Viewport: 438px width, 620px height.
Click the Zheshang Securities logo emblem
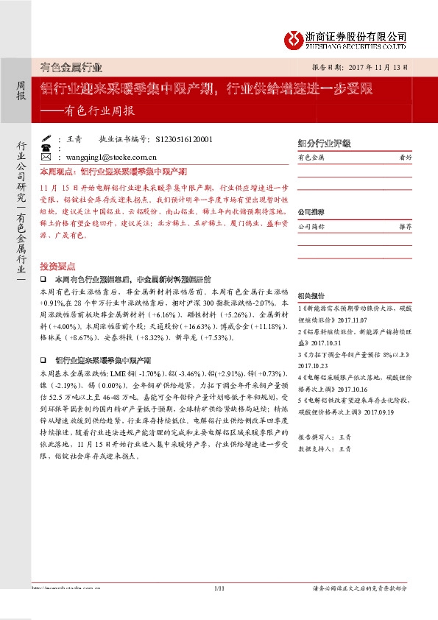click(x=296, y=38)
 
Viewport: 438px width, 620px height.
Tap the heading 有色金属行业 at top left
click(x=71, y=68)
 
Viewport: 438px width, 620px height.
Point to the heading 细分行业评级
click(x=319, y=142)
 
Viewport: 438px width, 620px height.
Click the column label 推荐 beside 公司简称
click(x=404, y=227)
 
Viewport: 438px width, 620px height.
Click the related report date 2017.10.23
click(x=315, y=365)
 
